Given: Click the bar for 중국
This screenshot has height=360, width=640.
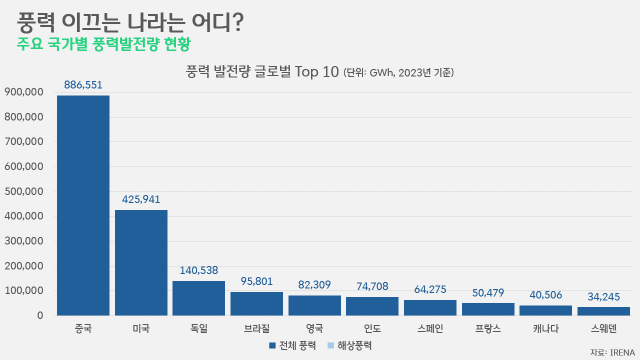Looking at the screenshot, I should point(83,205).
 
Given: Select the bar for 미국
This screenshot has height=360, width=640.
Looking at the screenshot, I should point(141,262).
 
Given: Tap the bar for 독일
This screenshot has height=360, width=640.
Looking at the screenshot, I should point(198,298).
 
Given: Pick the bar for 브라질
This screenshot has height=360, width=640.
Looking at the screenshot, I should point(256,303).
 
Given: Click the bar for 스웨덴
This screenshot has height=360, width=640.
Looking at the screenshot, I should point(603,311).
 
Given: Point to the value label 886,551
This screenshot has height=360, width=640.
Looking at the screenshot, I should point(83,85).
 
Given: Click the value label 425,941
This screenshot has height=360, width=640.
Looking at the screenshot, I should point(141,199).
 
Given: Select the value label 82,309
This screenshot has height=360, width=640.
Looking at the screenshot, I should point(314,285).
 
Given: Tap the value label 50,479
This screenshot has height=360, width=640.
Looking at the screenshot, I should point(488,293).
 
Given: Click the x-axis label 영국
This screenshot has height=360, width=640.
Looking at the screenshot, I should point(314,329).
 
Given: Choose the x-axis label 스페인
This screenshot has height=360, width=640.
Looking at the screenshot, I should point(430,329).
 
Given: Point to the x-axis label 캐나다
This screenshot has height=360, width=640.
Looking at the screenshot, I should point(545,329).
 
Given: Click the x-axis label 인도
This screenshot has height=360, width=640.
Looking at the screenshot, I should point(372,329).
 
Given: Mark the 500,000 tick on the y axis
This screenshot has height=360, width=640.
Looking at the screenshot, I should point(23,191).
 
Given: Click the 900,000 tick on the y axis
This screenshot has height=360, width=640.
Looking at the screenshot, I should point(23,92).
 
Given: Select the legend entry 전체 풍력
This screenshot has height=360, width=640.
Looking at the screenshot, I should point(292,345).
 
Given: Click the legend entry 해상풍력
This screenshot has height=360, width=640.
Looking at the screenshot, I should point(350,345).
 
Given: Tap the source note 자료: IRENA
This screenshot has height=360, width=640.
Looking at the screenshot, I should point(612,352).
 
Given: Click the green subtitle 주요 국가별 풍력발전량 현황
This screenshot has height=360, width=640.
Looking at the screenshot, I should point(103,44).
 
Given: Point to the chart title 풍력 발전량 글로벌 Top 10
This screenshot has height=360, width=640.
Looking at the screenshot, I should point(262,72).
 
